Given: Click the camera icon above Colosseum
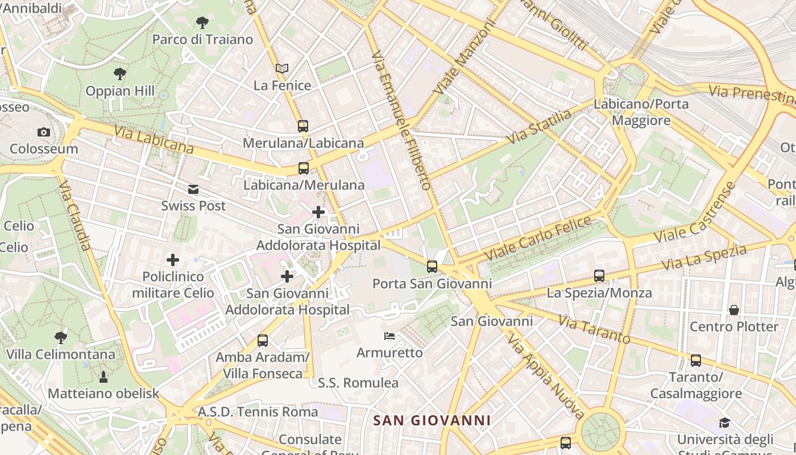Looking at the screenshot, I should pyautogui.click(x=44, y=133).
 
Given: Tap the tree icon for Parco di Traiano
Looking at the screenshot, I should pyautogui.click(x=202, y=23).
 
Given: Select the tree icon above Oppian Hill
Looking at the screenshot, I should pyautogui.click(x=119, y=73).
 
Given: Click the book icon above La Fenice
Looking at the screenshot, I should pyautogui.click(x=282, y=69).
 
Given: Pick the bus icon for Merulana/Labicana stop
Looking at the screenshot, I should pyautogui.click(x=303, y=126).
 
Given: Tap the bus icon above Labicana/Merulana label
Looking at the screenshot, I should pyautogui.click(x=304, y=168).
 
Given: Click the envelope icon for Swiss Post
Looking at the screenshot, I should pyautogui.click(x=193, y=189).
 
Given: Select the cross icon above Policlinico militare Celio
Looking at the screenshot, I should pyautogui.click(x=173, y=260).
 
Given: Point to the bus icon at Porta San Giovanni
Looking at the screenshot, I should pyautogui.click(x=432, y=266).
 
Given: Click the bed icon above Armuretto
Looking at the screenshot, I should pyautogui.click(x=389, y=336).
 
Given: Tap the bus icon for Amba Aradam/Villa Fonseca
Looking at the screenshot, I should pyautogui.click(x=262, y=341).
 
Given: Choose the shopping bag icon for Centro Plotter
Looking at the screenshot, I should pyautogui.click(x=734, y=310).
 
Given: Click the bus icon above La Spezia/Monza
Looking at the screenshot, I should pyautogui.click(x=599, y=276).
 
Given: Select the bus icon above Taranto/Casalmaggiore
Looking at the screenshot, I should pyautogui.click(x=696, y=360).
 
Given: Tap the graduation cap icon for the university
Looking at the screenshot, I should pyautogui.click(x=724, y=423).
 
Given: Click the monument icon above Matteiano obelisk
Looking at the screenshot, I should pyautogui.click(x=103, y=377).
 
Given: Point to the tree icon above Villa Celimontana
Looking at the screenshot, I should pyautogui.click(x=60, y=337).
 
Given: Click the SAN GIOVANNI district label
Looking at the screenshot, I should pyautogui.click(x=432, y=420).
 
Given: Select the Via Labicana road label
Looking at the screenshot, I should pyautogui.click(x=154, y=140).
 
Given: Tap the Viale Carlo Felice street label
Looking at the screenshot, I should pyautogui.click(x=537, y=238).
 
